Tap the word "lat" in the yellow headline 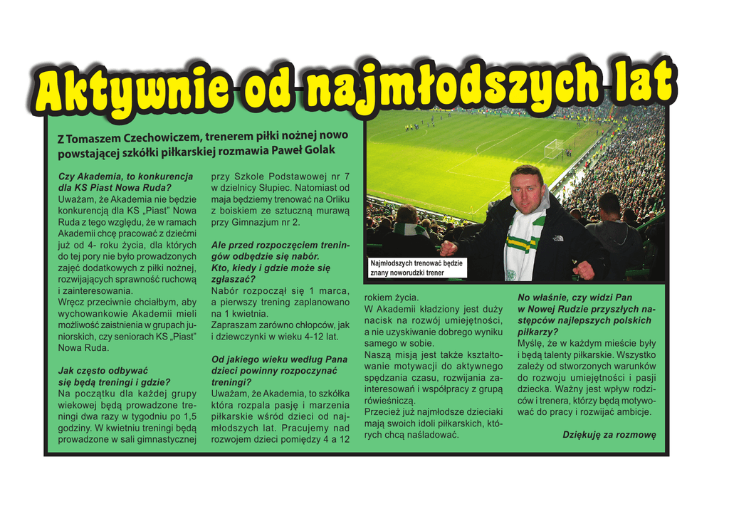tap(638, 80)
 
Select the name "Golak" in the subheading tap(319, 150)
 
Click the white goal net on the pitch tap(553, 149)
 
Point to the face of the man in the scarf tap(526, 191)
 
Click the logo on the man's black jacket tap(558, 238)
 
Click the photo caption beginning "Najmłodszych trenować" tap(416, 268)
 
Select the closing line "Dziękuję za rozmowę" tap(609, 434)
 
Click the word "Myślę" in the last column tap(531, 343)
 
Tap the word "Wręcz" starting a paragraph tap(71, 302)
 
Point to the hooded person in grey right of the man tap(614, 235)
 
